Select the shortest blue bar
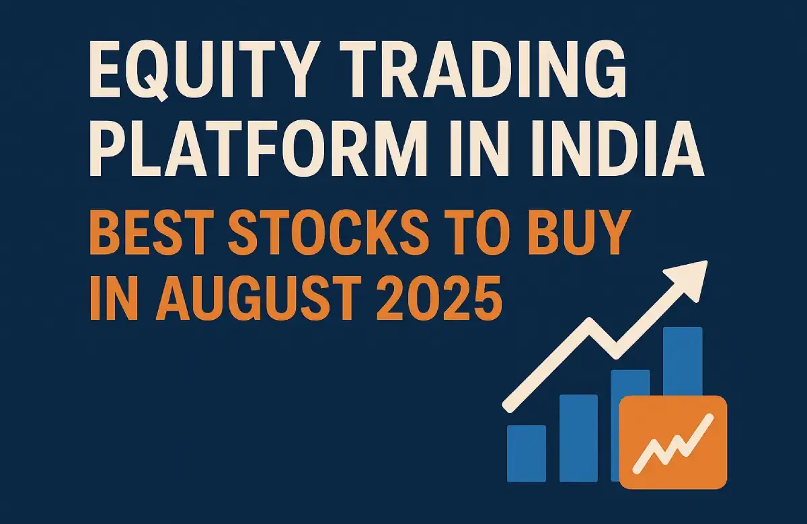[527, 454]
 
